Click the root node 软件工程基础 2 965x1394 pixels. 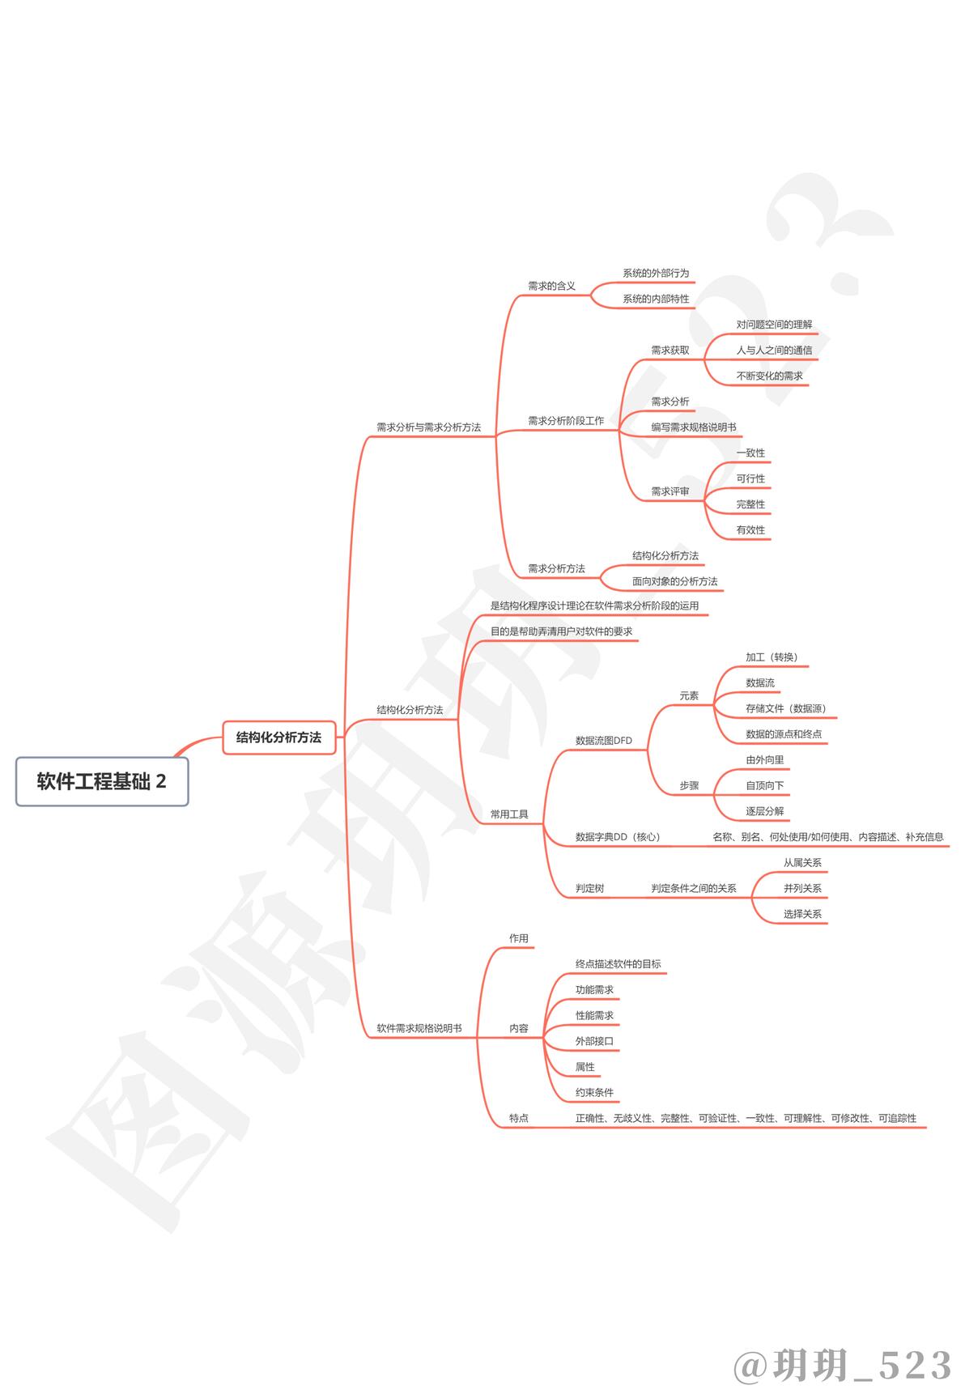[102, 781]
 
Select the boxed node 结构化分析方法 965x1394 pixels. [278, 737]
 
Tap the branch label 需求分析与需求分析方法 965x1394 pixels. [428, 427]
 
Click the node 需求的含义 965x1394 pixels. [551, 286]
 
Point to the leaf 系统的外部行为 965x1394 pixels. [656, 274]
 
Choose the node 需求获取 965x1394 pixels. [670, 351]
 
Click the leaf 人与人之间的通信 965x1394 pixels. [774, 351]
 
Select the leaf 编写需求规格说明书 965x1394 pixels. [694, 427]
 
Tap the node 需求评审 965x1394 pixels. [670, 491]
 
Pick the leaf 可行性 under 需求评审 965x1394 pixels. [750, 478]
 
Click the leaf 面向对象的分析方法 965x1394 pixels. [674, 581]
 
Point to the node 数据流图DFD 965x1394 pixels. [604, 741]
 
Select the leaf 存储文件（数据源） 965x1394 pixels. [786, 708]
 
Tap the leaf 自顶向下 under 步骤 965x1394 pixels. [765, 785]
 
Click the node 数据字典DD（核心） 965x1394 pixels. [618, 837]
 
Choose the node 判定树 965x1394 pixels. [590, 888]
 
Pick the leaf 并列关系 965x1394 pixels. [802, 888]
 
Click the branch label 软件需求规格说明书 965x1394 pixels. [419, 1028]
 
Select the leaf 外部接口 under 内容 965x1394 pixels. [594, 1041]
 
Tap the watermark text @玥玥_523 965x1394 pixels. [844, 1365]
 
